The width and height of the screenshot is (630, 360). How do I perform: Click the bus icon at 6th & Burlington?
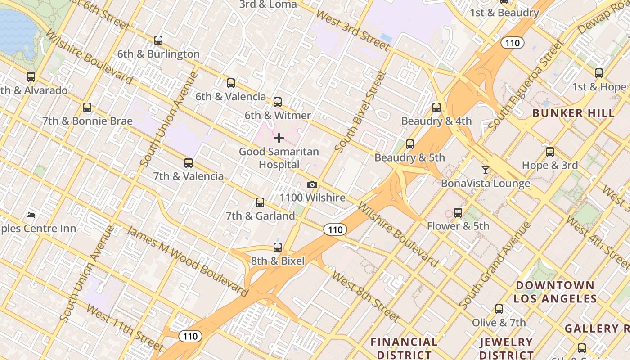158,40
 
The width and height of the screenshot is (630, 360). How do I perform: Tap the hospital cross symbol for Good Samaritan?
279,138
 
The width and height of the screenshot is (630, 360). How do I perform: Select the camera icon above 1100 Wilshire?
312,185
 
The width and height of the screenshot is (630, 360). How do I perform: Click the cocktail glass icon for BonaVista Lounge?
485,170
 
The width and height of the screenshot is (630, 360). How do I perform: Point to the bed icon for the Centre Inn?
31,215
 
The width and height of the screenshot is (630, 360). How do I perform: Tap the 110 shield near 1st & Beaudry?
512,43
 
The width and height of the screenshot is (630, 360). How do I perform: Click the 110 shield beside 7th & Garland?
335,230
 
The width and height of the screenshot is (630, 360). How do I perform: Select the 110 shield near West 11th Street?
190,336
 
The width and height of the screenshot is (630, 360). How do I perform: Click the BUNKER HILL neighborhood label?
573,113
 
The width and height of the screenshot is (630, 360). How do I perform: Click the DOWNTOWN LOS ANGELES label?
555,292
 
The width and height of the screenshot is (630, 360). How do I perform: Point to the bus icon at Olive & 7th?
499,309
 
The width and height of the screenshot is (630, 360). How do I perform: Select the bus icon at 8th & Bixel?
278,247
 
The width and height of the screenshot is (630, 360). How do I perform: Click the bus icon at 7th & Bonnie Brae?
87,108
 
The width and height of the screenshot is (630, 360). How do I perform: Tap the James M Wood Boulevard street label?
187,261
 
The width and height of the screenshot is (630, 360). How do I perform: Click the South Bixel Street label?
361,111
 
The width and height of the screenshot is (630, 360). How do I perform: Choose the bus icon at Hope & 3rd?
549,152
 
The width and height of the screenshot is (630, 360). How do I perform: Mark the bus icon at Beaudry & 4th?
436,108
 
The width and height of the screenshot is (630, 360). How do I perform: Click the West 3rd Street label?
352,30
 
